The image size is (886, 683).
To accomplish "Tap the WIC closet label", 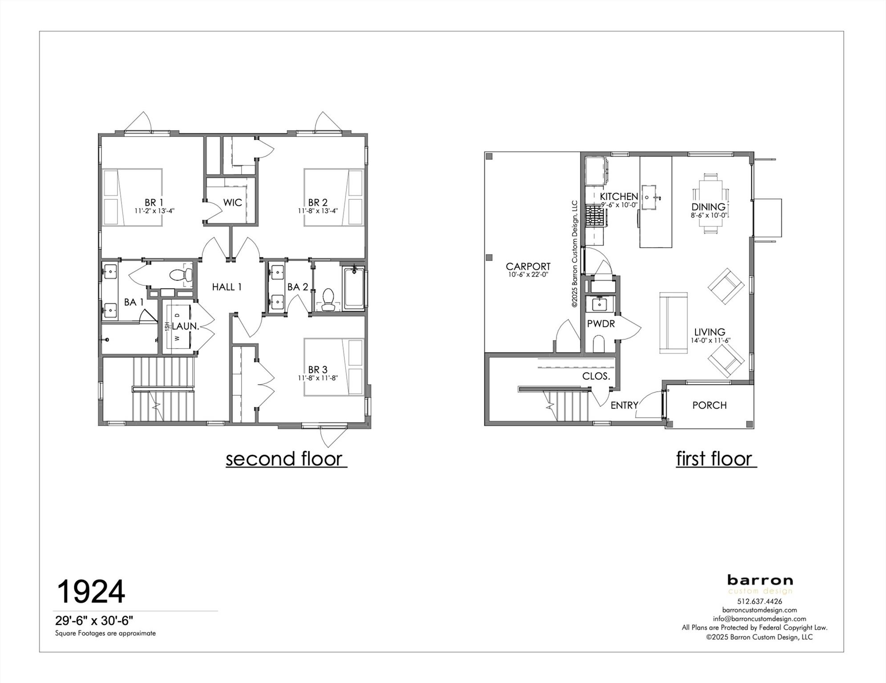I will [x=232, y=203].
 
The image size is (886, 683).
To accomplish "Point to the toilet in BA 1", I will [x=178, y=274].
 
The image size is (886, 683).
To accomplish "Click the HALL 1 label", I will [x=227, y=287].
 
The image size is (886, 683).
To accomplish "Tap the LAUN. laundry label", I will [x=185, y=326].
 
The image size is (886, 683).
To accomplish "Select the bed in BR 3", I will [x=334, y=367].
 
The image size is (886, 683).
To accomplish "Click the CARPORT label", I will [x=528, y=266].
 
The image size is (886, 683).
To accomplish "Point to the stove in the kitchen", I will [x=595, y=215].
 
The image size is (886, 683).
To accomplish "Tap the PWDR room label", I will [x=601, y=324].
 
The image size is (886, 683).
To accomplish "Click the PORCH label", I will [x=709, y=405].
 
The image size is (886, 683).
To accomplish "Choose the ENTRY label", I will [x=624, y=405].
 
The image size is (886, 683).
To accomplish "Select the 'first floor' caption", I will [x=714, y=458].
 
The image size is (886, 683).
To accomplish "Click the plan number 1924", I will [x=90, y=591].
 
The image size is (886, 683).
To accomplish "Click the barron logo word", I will [x=760, y=580].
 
